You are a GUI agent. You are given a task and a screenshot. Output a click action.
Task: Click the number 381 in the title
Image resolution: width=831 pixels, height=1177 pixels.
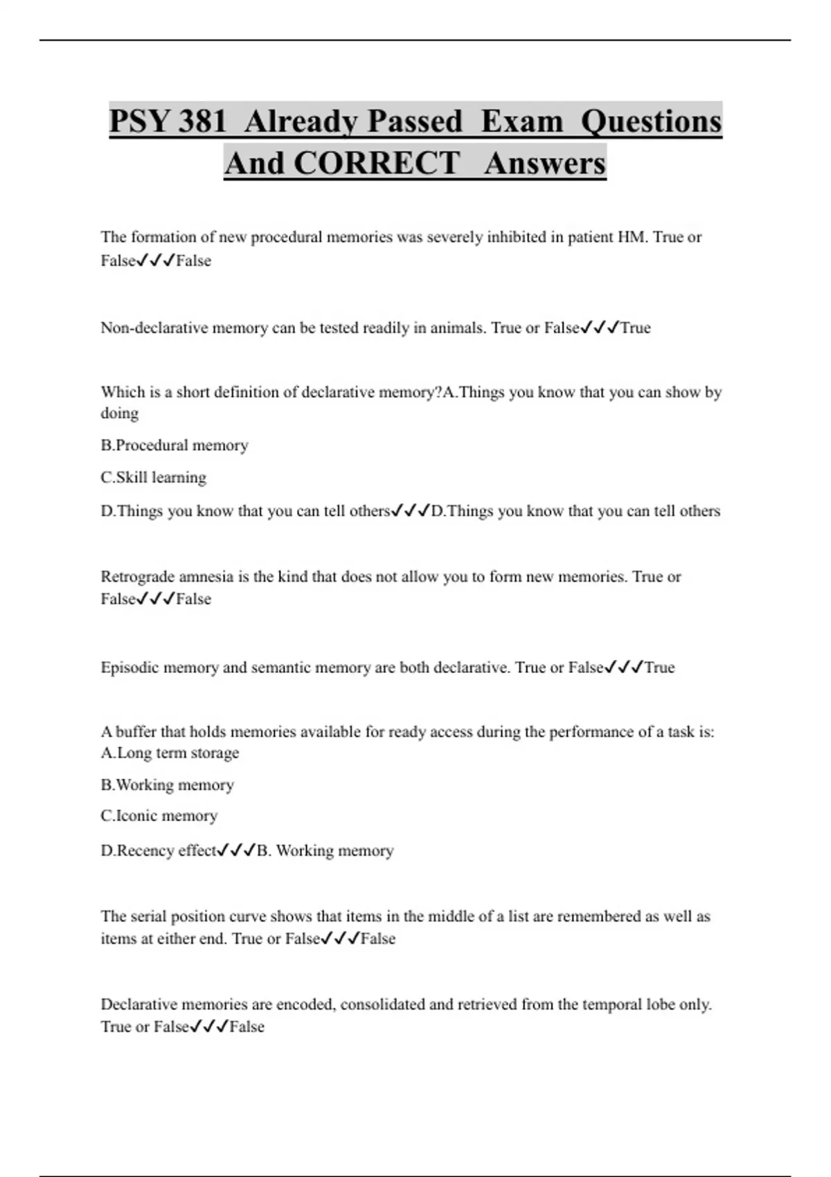(x=202, y=121)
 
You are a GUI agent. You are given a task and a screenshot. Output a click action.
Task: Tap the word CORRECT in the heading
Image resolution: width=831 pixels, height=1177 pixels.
(x=376, y=163)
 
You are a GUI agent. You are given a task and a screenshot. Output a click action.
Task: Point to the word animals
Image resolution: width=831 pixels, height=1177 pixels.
(x=457, y=327)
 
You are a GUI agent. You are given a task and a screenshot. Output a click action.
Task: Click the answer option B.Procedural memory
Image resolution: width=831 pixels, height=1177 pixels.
(x=175, y=445)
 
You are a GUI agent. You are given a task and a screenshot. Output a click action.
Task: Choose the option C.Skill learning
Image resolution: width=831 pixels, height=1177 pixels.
(x=154, y=478)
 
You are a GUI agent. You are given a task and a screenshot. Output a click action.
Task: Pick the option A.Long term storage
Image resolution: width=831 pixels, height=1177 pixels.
(x=170, y=753)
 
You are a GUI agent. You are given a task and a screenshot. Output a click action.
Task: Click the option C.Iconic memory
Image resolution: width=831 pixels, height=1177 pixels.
(x=159, y=816)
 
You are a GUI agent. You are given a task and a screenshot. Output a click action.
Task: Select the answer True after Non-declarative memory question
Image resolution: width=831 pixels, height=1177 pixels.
(x=636, y=327)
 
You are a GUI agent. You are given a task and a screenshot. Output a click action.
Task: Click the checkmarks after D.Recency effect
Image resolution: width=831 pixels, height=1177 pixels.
(x=236, y=850)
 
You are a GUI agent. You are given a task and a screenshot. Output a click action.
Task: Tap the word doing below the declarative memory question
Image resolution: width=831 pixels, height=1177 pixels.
(x=120, y=414)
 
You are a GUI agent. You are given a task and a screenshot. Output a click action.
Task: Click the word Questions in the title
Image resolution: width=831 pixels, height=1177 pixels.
(x=651, y=121)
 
